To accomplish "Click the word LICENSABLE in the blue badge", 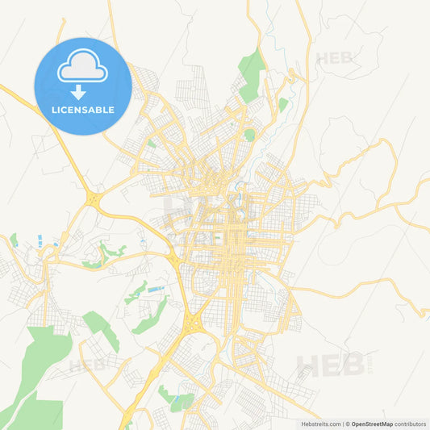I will (x=82, y=110).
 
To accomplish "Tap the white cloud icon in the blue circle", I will (x=82, y=69).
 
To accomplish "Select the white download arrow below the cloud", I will (x=79, y=92).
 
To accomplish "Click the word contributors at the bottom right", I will (x=410, y=424).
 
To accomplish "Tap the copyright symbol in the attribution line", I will (x=346, y=424).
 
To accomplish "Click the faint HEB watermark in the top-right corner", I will (x=334, y=58).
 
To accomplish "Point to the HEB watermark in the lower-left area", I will (x=87, y=365).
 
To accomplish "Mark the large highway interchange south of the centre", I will (x=194, y=323).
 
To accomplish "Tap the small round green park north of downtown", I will (x=250, y=135).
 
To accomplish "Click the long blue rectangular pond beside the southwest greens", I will (x=157, y=289).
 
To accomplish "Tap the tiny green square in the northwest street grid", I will (x=151, y=143).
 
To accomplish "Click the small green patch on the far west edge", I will (x=14, y=240).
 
